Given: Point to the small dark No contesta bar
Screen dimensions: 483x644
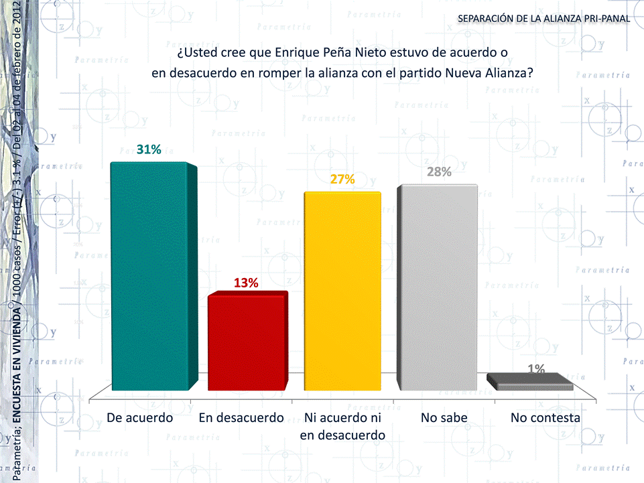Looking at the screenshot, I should click(530, 383).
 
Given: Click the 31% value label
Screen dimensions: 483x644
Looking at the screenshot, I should click(149, 149).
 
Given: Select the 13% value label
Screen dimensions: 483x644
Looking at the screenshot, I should click(246, 282).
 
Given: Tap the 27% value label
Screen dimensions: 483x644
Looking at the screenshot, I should click(342, 179).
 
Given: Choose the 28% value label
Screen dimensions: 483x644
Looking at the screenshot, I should click(439, 171).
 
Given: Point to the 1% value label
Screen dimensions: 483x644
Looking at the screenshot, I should click(535, 368).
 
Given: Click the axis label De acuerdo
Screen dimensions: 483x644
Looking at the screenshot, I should click(140, 417).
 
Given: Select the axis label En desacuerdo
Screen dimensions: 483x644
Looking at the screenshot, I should click(242, 417).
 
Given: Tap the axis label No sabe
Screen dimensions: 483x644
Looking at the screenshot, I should click(444, 417).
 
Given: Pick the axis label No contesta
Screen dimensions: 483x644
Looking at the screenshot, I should click(545, 417).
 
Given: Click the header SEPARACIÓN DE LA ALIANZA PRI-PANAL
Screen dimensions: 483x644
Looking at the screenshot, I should click(543, 18).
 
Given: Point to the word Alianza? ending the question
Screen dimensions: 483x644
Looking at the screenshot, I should click(509, 73).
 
